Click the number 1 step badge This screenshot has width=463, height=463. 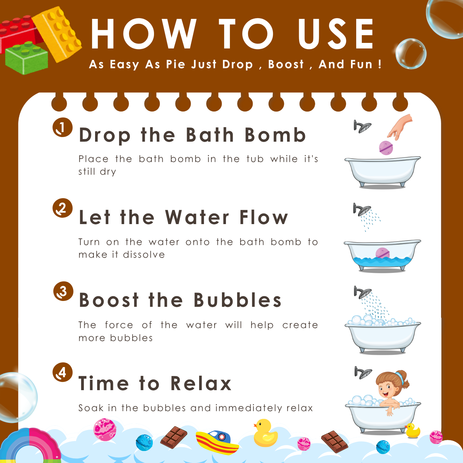pyautogui.click(x=62, y=127)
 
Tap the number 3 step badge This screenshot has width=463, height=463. pyautogui.click(x=63, y=291)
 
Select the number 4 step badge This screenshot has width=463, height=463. pyautogui.click(x=63, y=372)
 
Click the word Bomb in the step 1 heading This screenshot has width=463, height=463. pyautogui.click(x=275, y=135)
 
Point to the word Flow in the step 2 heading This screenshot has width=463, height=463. pyautogui.click(x=264, y=217)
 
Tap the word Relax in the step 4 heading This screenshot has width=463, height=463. pyautogui.click(x=201, y=383)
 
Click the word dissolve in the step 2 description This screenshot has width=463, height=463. pyautogui.click(x=144, y=255)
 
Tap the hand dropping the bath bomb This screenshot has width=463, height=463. pyautogui.click(x=400, y=127)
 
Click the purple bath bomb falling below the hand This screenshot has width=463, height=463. pyautogui.click(x=386, y=148)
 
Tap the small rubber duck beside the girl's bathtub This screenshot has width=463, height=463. pyautogui.click(x=413, y=431)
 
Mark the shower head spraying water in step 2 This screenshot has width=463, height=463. pyautogui.click(x=362, y=210)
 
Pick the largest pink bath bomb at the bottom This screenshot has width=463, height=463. pyautogui.click(x=105, y=430)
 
